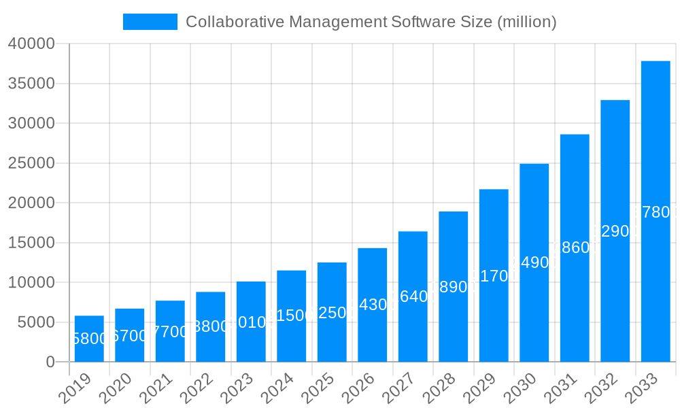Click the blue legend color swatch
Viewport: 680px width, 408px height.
pyautogui.click(x=150, y=22)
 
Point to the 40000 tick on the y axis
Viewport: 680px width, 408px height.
pyautogui.click(x=31, y=44)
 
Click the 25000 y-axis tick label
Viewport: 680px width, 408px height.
pyautogui.click(x=31, y=163)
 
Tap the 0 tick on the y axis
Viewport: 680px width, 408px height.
pyautogui.click(x=50, y=362)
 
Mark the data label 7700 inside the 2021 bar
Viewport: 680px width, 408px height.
pyautogui.click(x=170, y=332)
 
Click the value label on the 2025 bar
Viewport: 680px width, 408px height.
pyautogui.click(x=332, y=313)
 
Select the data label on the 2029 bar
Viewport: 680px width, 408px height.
pyautogui.click(x=494, y=276)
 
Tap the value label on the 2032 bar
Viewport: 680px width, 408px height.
pyautogui.click(x=615, y=231)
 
